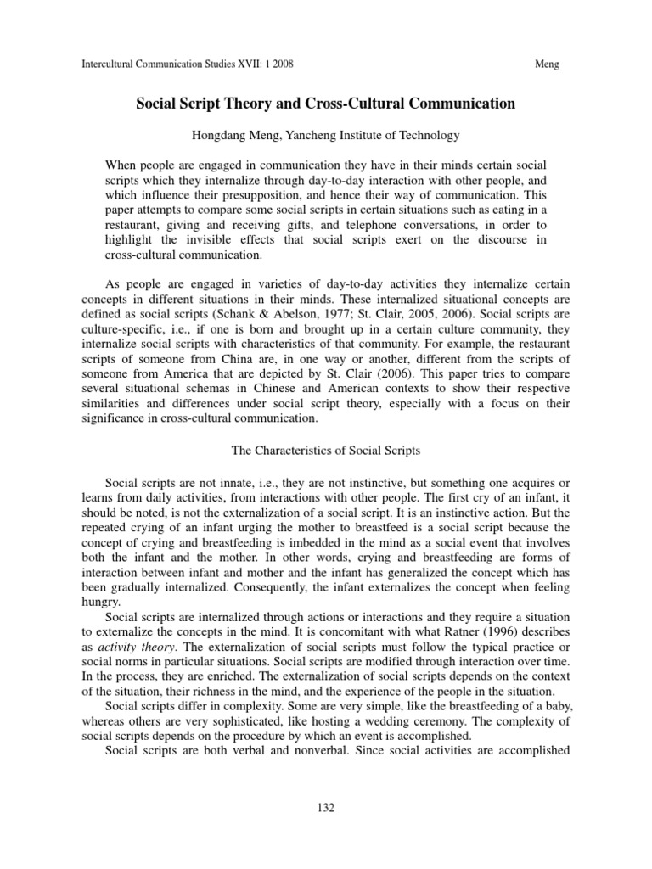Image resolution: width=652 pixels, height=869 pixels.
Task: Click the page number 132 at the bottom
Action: (326, 808)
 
